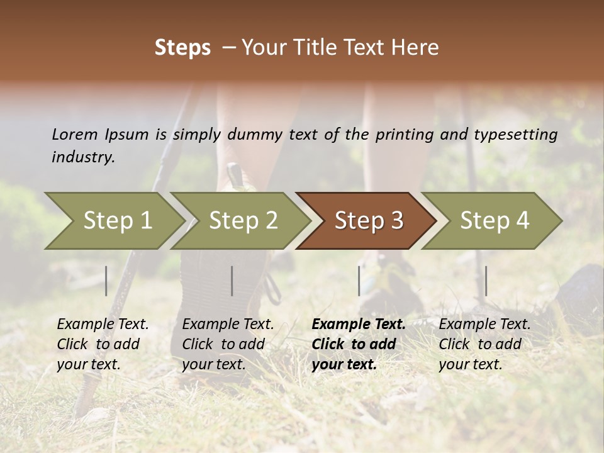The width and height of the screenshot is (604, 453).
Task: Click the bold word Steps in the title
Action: [182, 48]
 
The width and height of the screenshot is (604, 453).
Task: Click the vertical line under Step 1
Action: [106, 281]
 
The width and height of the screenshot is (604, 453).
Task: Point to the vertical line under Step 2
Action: [232, 281]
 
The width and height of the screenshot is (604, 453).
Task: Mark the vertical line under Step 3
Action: [359, 281]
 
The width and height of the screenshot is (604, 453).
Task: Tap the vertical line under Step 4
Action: [486, 281]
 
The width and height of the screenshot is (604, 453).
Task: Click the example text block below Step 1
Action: [103, 344]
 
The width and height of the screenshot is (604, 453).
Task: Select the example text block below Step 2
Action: [228, 344]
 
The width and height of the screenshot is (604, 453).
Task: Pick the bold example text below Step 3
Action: [358, 344]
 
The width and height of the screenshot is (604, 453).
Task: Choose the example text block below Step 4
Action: [484, 344]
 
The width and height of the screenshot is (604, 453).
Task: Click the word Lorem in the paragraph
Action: [75, 134]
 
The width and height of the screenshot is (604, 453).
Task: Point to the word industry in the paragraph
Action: [83, 157]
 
